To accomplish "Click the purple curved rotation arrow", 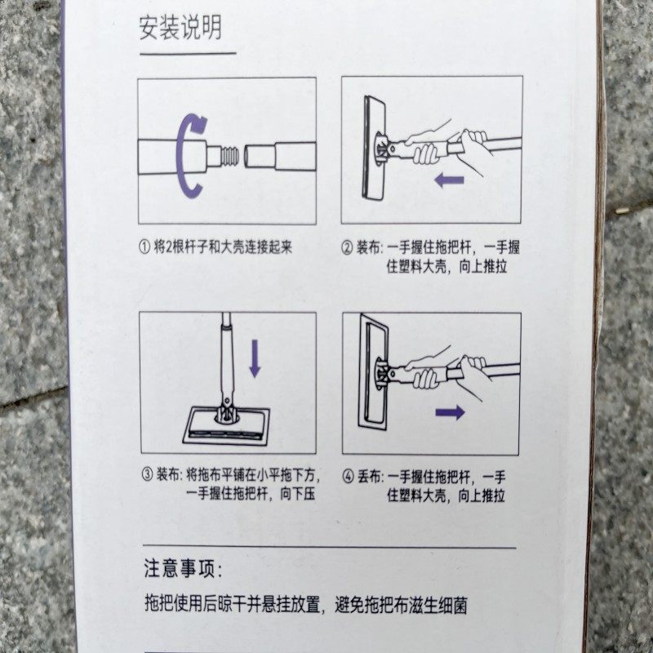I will tap(192, 155).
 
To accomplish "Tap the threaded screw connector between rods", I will tap(231, 154).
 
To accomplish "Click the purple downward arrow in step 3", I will tap(255, 358).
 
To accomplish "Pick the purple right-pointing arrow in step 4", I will tap(450, 412).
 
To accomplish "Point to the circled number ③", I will tap(147, 474).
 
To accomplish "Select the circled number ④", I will tap(348, 476).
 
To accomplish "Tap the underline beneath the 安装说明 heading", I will tap(187, 54).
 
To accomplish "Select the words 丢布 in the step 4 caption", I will tap(368, 476).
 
